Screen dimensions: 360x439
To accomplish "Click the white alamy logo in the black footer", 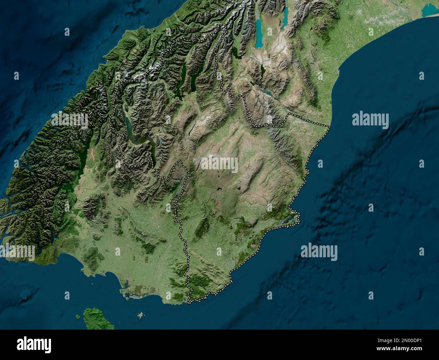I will point(34,344).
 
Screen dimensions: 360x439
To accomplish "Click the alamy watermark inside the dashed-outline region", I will point(219,164).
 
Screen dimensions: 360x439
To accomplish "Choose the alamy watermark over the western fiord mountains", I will point(70,120).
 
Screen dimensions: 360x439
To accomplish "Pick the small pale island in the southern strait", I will point(140,315).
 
